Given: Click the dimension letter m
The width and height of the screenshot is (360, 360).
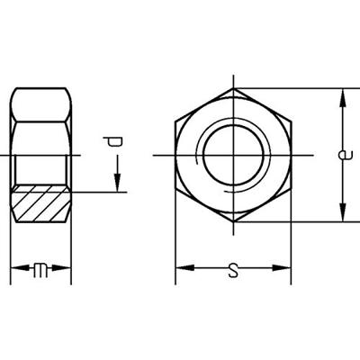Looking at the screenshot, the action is tap(40, 268).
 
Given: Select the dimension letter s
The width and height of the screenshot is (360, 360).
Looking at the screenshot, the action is tap(233, 270).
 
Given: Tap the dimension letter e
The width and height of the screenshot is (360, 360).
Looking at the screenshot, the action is tap(344, 155).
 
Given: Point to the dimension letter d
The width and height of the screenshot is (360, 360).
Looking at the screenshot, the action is tap(112, 141).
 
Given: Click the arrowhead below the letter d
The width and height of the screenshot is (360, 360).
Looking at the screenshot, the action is tap(117, 183).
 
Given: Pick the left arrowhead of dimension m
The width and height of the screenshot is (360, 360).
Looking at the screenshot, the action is tap(20, 268).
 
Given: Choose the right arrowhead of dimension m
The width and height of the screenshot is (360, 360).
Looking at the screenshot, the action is tap(62, 268).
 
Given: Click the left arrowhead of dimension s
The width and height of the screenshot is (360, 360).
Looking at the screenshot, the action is tap(184, 268).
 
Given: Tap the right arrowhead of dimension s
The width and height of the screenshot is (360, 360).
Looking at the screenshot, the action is tap(282, 268).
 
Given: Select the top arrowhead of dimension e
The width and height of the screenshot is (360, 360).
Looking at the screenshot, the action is tap(342, 98).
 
